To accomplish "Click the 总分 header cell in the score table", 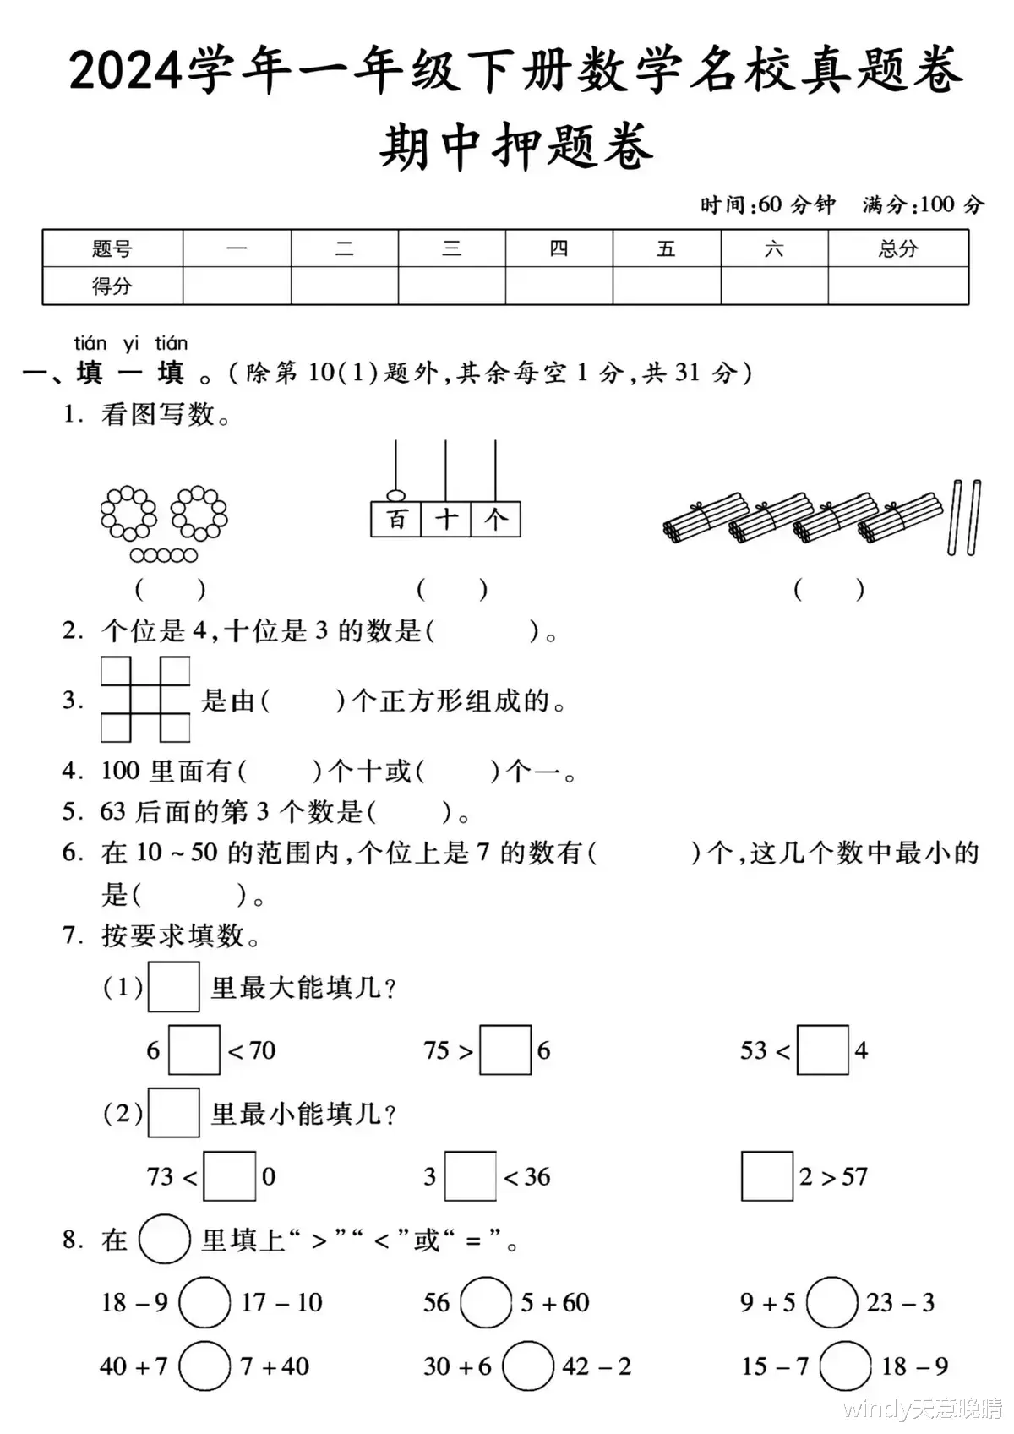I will (x=897, y=248).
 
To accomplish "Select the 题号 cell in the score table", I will (x=112, y=248).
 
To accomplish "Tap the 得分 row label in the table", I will (x=112, y=286).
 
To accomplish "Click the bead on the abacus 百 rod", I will (x=395, y=495).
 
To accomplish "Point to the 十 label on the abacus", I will (x=446, y=519).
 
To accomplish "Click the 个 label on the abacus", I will (x=496, y=519).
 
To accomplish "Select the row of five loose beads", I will (x=164, y=555).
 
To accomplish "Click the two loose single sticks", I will (x=965, y=517).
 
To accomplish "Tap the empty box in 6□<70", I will (x=194, y=1050).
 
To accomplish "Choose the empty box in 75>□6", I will (x=505, y=1050).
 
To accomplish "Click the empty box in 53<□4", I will (x=822, y=1050).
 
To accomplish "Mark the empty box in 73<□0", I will (x=230, y=1175).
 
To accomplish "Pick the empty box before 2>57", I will (x=766, y=1175).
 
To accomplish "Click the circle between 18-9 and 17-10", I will (x=204, y=1302).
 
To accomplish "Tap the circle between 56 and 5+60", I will (x=486, y=1302).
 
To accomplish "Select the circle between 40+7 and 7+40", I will (x=204, y=1366).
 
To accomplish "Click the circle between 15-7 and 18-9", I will (x=845, y=1366).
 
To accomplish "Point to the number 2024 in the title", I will (x=127, y=71).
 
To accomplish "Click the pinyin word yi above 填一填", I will (x=130, y=343).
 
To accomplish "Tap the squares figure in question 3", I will (x=145, y=699).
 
